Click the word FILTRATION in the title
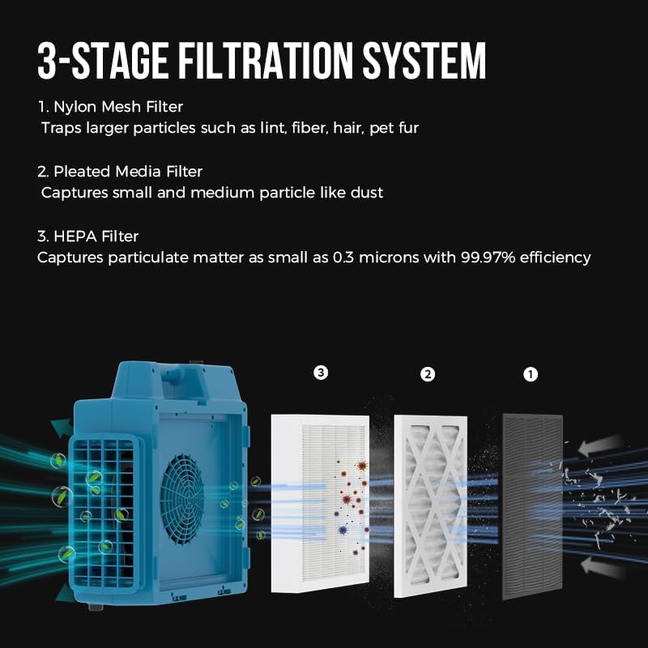266,60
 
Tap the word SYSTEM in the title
424,60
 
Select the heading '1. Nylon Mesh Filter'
110,107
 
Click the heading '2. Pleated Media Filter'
120,172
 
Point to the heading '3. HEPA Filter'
88,237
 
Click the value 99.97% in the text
488,258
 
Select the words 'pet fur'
394,128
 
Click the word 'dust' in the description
367,193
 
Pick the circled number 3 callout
321,373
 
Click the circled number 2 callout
428,374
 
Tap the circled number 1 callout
531,375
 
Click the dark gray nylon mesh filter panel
533,506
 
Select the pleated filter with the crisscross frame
431,506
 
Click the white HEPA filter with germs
320,504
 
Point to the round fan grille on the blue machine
182,499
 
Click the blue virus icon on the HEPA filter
342,530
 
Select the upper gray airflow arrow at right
599,446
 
